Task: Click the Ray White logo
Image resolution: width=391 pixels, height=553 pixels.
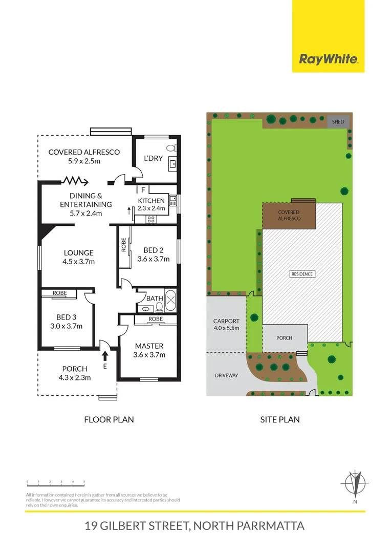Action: click(328, 59)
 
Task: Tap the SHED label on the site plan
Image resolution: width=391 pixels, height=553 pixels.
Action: click(338, 122)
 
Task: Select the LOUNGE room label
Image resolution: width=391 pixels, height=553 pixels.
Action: click(78, 252)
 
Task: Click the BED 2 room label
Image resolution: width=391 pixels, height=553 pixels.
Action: click(154, 250)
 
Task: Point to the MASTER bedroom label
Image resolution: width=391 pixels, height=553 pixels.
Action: click(149, 346)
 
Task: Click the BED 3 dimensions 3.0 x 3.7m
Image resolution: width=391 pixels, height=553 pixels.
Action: click(67, 326)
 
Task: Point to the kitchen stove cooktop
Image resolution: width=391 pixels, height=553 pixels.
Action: click(151, 219)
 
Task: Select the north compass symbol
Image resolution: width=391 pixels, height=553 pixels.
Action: click(355, 484)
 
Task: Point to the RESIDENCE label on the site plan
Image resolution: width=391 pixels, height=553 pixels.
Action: click(302, 274)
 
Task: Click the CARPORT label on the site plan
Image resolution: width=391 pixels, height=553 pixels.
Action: click(226, 321)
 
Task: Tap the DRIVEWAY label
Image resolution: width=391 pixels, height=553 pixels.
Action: click(226, 375)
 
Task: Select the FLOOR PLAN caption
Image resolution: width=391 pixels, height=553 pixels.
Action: click(108, 419)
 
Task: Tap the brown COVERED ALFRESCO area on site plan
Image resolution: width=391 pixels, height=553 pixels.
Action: click(288, 216)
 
